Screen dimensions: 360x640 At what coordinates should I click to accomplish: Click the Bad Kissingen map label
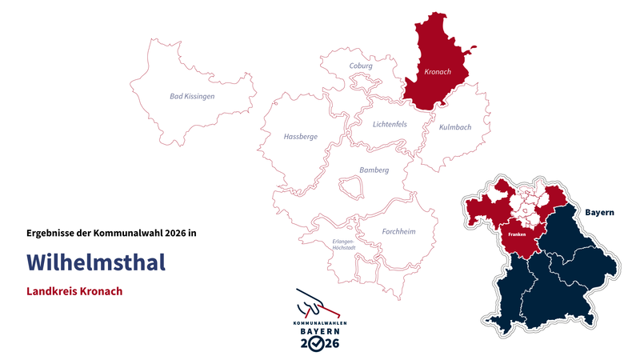pyautogui.click(x=192, y=97)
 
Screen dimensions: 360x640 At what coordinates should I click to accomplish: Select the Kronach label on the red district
pyautogui.click(x=438, y=72)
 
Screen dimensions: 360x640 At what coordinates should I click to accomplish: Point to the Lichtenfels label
pyautogui.click(x=390, y=124)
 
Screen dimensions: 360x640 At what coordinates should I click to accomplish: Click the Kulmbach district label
pyautogui.click(x=455, y=127)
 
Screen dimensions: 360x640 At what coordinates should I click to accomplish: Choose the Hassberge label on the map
pyautogui.click(x=301, y=137)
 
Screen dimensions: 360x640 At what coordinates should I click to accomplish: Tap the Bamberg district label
pyautogui.click(x=374, y=170)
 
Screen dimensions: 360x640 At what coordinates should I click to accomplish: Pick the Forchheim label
pyautogui.click(x=399, y=232)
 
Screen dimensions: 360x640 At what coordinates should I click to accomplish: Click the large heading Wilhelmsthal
pyautogui.click(x=96, y=262)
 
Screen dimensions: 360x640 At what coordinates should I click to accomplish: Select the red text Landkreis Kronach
pyautogui.click(x=74, y=291)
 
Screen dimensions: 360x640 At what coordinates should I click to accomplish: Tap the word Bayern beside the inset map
pyautogui.click(x=599, y=213)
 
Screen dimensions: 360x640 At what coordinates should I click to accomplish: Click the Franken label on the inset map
pyautogui.click(x=516, y=234)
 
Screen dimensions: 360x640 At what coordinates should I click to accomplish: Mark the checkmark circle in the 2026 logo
pyautogui.click(x=318, y=343)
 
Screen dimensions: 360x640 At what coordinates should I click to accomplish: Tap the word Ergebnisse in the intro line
pyautogui.click(x=50, y=233)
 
